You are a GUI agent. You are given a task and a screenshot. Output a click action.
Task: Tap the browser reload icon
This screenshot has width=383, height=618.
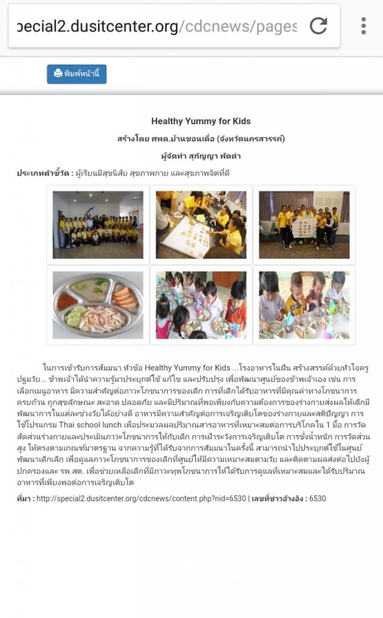318,26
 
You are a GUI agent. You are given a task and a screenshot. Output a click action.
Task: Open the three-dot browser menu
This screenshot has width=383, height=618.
363,26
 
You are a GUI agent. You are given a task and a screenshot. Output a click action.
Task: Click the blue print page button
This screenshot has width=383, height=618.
77,74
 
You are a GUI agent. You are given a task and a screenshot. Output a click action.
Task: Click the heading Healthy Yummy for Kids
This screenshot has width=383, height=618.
201,121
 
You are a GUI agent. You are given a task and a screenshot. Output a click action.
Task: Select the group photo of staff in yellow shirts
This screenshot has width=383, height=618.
98,225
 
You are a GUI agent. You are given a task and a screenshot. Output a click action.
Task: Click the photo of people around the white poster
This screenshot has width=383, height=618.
201,225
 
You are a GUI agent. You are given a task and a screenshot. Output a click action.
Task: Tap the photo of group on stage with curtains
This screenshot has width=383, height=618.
304,225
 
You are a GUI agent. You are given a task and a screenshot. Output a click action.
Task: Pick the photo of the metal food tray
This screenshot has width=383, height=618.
98,305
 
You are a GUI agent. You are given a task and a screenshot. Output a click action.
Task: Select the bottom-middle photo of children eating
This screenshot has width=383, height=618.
201,305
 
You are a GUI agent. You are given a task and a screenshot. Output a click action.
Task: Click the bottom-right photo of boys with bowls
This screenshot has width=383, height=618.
304,305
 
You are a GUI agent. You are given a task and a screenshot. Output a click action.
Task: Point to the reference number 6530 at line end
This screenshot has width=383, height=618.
318,499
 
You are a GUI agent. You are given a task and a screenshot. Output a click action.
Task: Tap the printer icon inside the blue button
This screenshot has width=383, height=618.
58,74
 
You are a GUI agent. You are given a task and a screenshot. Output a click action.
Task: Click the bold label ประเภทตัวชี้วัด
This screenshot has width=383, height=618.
43,173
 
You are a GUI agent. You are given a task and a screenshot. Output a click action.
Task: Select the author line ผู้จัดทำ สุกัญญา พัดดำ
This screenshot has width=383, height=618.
201,156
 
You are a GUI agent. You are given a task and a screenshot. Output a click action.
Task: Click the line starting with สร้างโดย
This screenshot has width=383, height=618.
201,139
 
